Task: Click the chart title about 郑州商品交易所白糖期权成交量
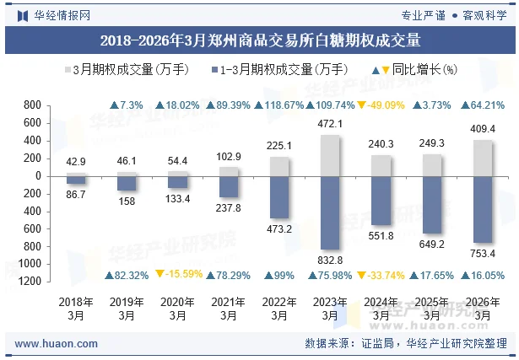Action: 260,39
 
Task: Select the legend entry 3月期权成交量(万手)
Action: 127,69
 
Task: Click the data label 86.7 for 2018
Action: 75,195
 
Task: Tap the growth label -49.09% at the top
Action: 381,105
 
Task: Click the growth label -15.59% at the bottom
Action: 177,275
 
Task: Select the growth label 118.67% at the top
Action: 279,105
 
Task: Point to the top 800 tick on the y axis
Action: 33,105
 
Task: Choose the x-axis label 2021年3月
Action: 228,309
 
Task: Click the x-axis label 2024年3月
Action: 381,309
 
